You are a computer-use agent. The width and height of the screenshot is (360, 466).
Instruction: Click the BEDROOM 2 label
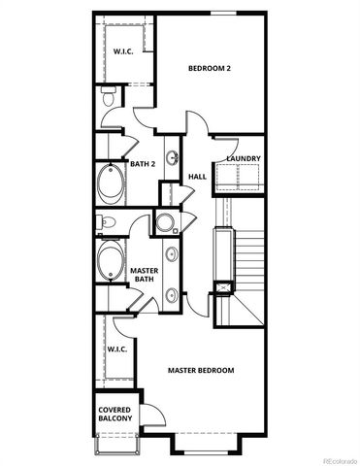(209, 68)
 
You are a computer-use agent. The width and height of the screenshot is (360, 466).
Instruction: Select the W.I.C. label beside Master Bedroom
(116, 349)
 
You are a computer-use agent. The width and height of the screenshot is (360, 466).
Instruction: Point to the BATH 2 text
(143, 165)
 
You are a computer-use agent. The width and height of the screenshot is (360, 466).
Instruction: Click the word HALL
(197, 177)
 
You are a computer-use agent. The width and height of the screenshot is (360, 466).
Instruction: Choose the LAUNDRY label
(242, 158)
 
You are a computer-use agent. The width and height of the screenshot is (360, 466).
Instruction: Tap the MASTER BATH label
(145, 275)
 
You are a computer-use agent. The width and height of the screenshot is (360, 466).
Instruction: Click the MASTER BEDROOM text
(201, 371)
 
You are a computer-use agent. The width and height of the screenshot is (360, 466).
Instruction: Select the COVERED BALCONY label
(115, 415)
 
